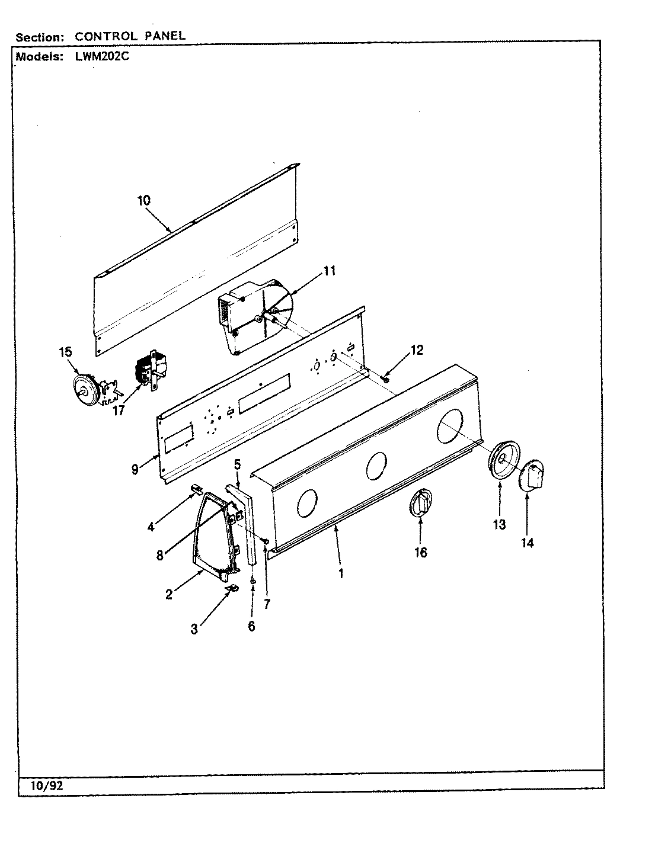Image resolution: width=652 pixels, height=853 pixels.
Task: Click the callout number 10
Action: [x=144, y=200]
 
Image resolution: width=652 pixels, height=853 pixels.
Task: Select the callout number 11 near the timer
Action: [x=330, y=271]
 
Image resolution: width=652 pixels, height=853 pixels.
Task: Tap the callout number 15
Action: [x=65, y=352]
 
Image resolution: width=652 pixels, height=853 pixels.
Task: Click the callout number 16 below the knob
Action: [x=420, y=553]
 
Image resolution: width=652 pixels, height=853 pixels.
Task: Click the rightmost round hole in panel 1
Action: [x=450, y=428]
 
